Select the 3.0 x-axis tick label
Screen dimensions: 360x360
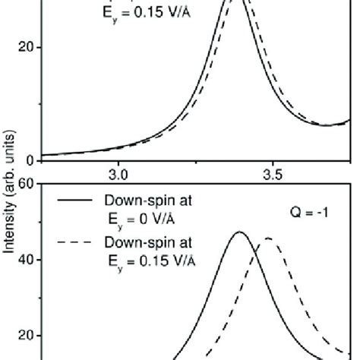pos(118,174)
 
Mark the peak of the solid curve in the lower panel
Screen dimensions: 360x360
pos(239,232)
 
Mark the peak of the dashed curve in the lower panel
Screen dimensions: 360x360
pos(268,238)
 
